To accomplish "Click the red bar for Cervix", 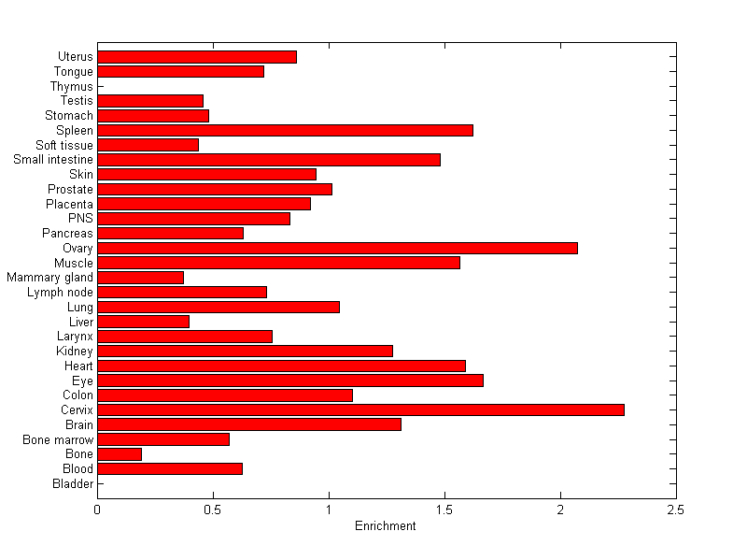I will (360, 409).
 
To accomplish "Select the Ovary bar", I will (337, 248).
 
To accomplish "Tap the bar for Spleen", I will (285, 130).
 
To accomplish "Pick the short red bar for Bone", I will (120, 453).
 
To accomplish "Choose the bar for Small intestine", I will (269, 160).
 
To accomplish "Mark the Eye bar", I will (290, 381).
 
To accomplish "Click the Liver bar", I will (143, 322).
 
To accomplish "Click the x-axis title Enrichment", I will (385, 526).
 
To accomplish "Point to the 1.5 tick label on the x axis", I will (444, 510).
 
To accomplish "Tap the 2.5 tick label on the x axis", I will (676, 510).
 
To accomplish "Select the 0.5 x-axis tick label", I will (213, 510).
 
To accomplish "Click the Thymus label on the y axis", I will (72, 86).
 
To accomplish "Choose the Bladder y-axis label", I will (73, 483).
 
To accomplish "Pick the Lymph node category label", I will (61, 292).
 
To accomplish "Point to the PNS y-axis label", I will (80, 218).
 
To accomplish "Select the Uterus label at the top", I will (75, 57).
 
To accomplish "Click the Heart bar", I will (281, 366).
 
